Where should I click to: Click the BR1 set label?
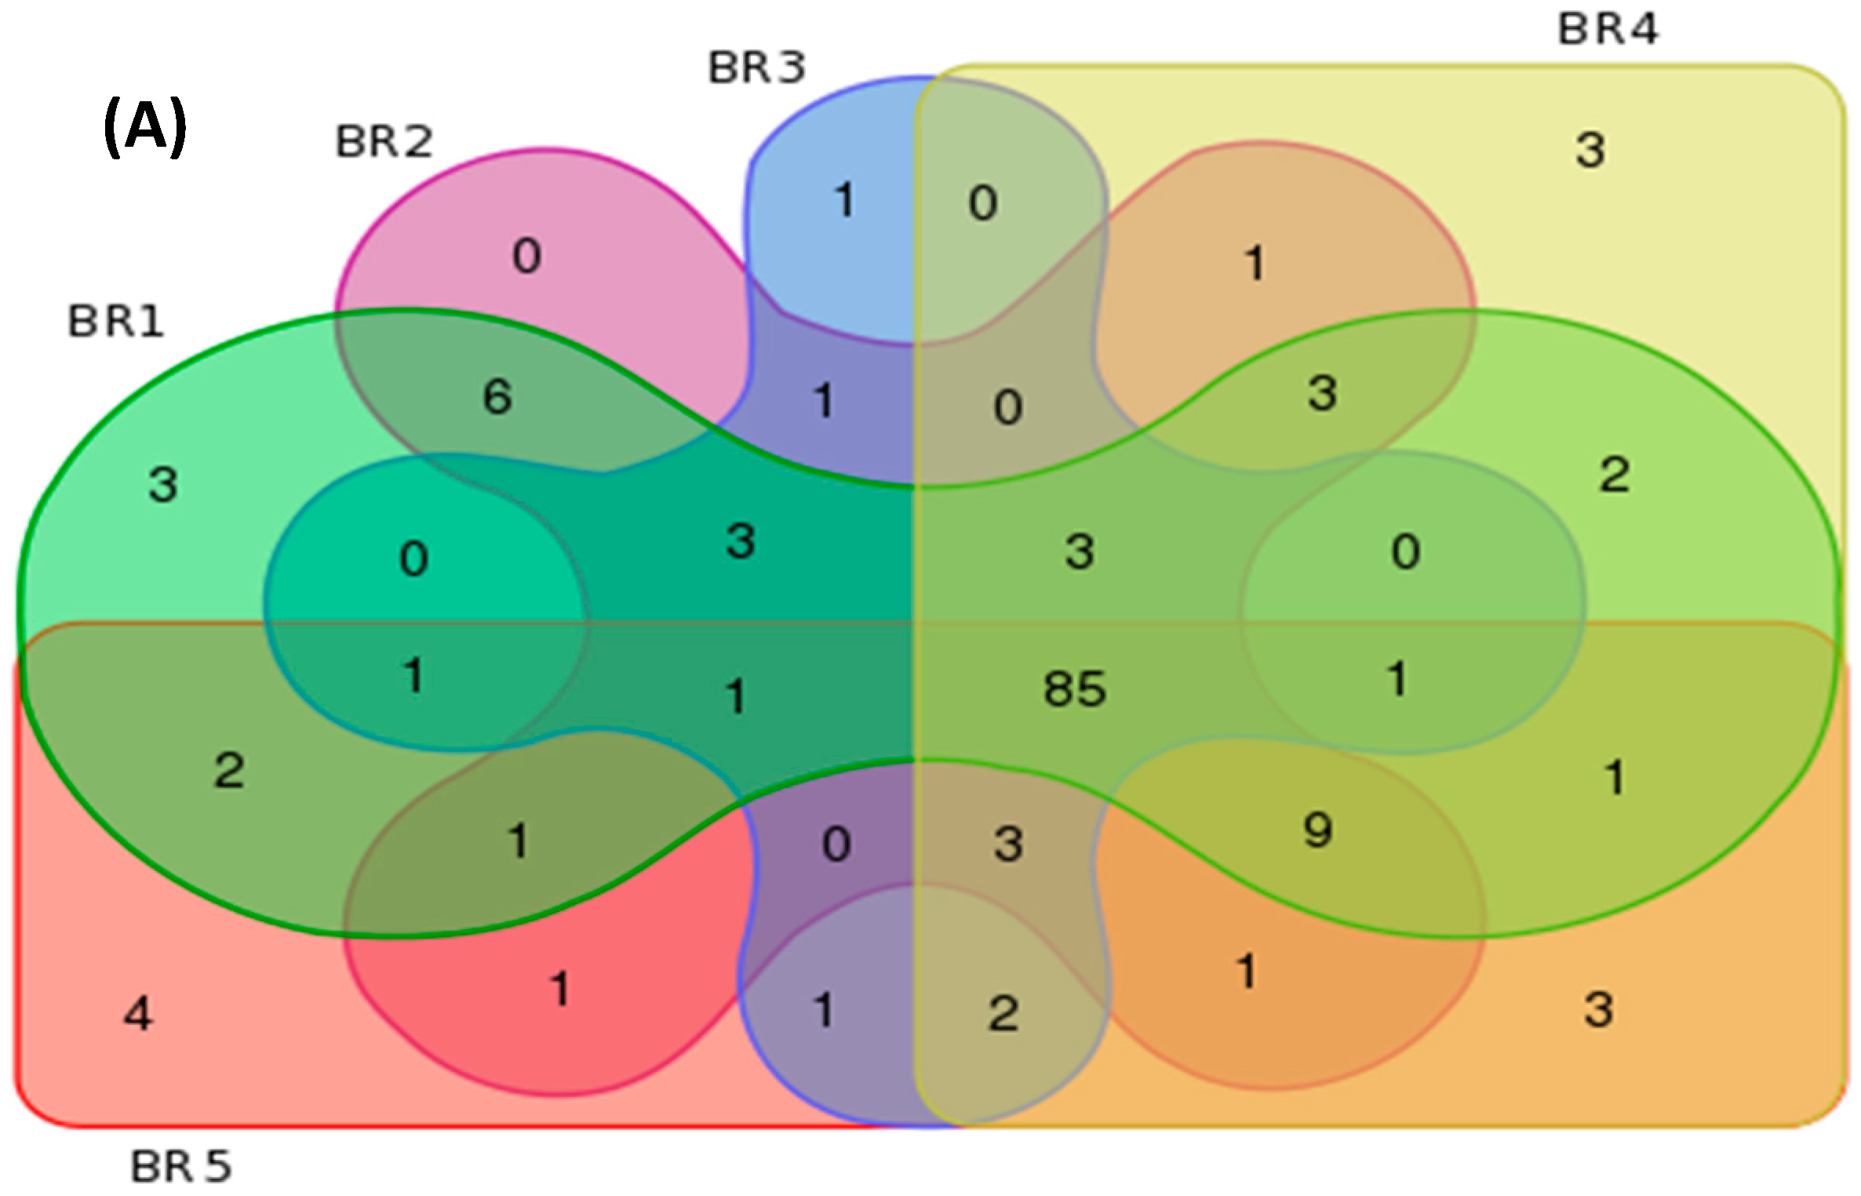tap(116, 322)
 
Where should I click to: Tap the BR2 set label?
tap(384, 142)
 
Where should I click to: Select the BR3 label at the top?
tap(756, 67)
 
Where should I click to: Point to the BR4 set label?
tap(1608, 29)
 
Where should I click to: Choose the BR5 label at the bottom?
tap(180, 1166)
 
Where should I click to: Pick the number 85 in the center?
tap(1075, 689)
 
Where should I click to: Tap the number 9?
tap(1318, 830)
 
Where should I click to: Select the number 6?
tap(497, 396)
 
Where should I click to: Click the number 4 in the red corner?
tap(139, 1013)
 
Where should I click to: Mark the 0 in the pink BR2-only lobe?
tap(526, 256)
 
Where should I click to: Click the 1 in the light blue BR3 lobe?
tap(845, 200)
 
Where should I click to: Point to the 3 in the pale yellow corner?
tap(1590, 150)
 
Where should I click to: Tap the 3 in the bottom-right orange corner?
tap(1598, 1009)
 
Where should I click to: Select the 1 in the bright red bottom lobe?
tap(559, 989)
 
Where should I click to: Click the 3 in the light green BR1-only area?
tap(163, 484)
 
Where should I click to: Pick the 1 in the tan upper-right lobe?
tap(1255, 263)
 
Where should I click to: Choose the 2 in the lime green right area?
tap(1615, 475)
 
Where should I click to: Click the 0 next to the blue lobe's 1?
tap(983, 203)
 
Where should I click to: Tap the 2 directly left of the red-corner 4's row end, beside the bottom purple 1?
tap(1003, 1013)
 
